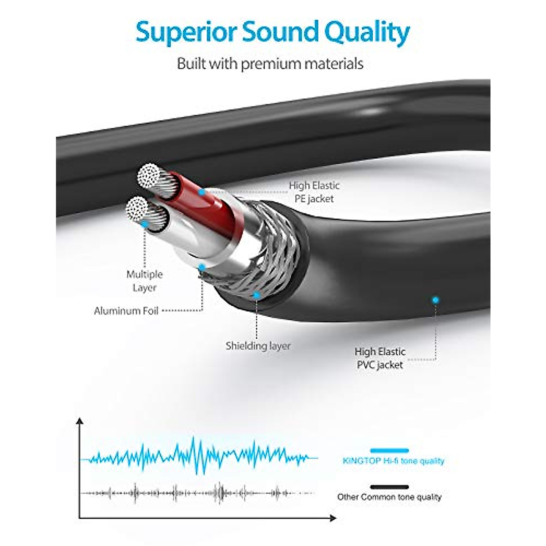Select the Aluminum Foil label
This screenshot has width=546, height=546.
pyautogui.click(x=126, y=311)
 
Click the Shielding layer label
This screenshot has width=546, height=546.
pyautogui.click(x=258, y=346)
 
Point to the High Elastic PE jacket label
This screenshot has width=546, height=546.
pyautogui.click(x=314, y=192)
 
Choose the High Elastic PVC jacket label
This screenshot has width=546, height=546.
pyautogui.click(x=380, y=358)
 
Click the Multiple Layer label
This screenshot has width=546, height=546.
pyautogui.click(x=144, y=281)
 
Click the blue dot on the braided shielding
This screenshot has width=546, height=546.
pyautogui.click(x=257, y=295)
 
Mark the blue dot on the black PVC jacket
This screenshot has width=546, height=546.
pyautogui.click(x=435, y=300)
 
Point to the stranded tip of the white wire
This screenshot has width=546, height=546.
pyautogui.click(x=138, y=209)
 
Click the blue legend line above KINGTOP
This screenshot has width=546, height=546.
pyautogui.click(x=389, y=450)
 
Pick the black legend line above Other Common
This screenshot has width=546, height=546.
pyautogui.click(x=389, y=487)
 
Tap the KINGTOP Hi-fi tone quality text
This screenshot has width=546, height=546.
pyautogui.click(x=393, y=461)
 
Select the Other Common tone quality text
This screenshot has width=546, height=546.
pyautogui.click(x=389, y=497)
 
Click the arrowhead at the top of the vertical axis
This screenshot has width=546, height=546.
pyautogui.click(x=80, y=421)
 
